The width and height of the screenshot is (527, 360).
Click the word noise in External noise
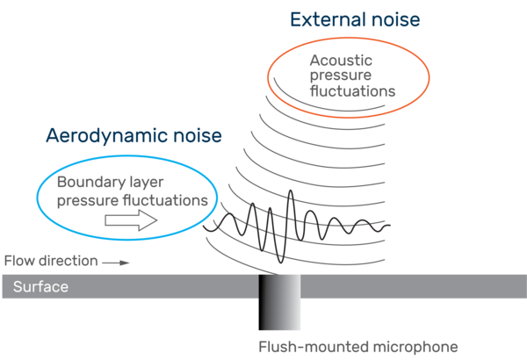(x=395, y=20)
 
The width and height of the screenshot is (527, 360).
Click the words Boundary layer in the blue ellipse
(x=99, y=184)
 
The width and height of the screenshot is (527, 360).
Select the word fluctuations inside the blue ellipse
(x=163, y=200)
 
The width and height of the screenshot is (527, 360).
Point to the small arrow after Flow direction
(x=116, y=262)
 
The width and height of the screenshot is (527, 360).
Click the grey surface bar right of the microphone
(x=413, y=286)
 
